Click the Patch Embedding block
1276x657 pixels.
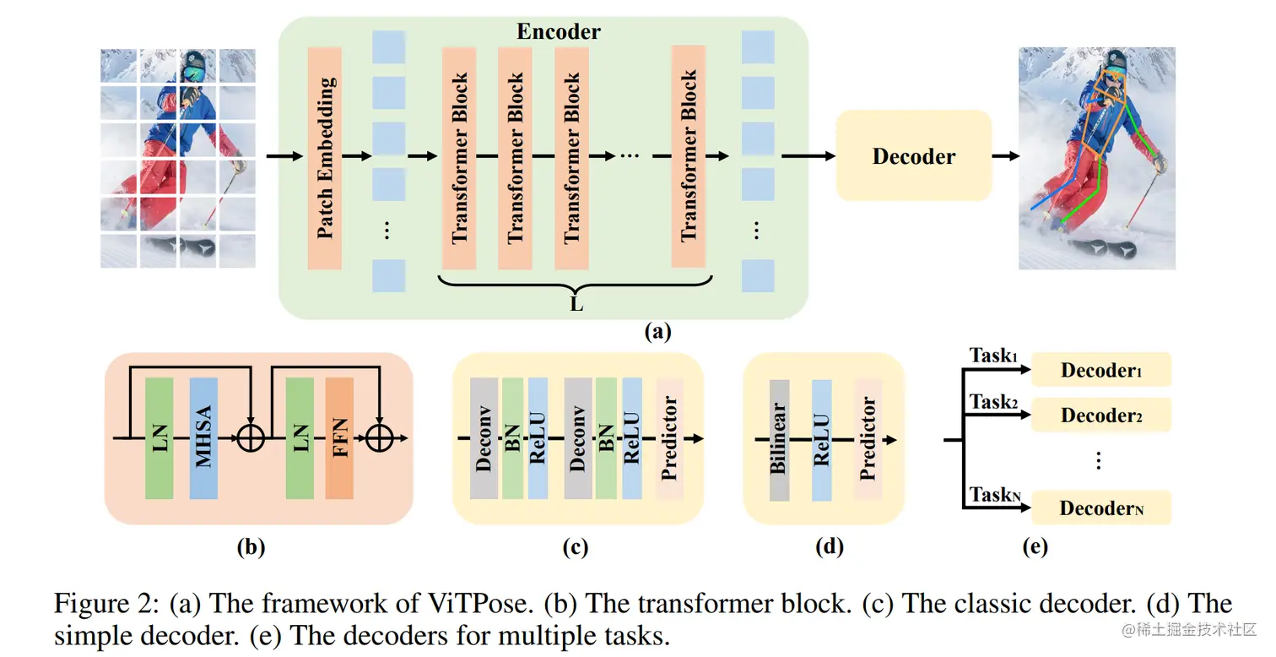[325, 158]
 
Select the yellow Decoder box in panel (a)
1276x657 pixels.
[914, 155]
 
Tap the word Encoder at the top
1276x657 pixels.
[559, 31]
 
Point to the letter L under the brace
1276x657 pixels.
[576, 304]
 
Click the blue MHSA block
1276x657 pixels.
[203, 438]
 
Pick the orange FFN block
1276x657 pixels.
[339, 438]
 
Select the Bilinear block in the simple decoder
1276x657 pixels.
[779, 440]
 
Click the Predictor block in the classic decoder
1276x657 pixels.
[669, 438]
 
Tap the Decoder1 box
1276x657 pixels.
[1101, 370]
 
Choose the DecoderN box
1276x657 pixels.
[1101, 508]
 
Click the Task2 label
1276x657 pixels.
[993, 402]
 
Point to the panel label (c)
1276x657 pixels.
[576, 547]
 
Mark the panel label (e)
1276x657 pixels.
[1035, 547]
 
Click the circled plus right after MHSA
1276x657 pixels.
[251, 438]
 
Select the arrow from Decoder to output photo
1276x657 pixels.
[1005, 156]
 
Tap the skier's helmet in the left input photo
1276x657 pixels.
[194, 61]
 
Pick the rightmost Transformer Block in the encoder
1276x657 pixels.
[688, 157]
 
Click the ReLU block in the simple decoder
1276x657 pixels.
[821, 440]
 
